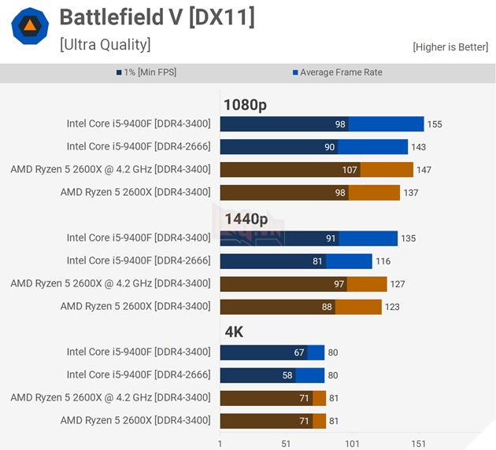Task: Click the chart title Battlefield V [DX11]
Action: pos(157,17)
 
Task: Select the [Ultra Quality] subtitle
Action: pos(105,44)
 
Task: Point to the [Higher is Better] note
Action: pos(450,47)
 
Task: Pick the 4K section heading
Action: pos(234,332)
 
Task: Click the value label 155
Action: pos(435,124)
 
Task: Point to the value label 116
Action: pos(383,261)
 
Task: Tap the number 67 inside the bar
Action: pos(298,352)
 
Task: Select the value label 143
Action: pos(419,147)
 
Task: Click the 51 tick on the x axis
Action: pos(286,444)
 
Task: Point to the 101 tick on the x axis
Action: pos(352,444)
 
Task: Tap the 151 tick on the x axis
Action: pos(418,444)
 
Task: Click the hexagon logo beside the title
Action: pos(28,27)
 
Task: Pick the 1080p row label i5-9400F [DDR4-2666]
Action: pos(139,146)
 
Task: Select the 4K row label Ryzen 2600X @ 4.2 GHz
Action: pos(111,397)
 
